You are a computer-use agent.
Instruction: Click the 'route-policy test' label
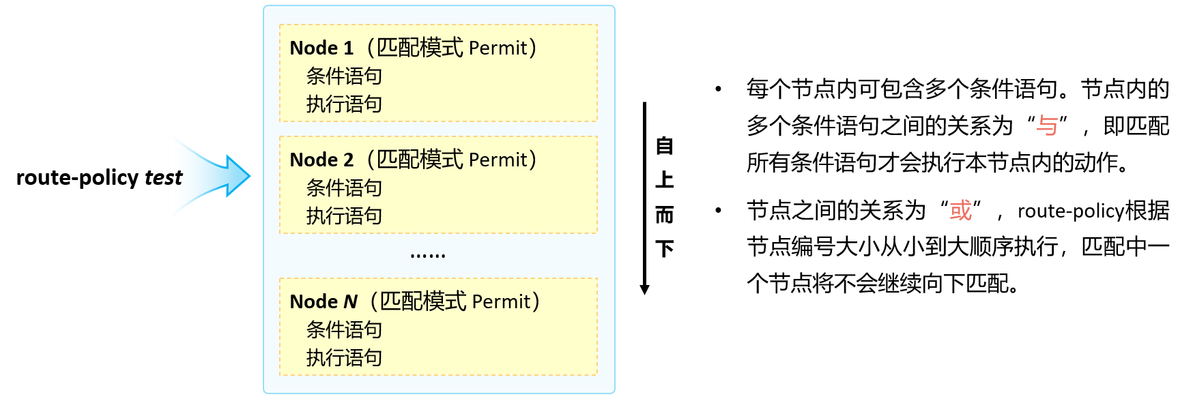click(x=99, y=178)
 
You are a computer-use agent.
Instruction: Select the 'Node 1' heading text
click(x=321, y=48)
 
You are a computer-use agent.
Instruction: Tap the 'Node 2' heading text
click(x=321, y=160)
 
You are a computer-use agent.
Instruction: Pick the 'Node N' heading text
click(x=324, y=302)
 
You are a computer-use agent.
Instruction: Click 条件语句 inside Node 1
click(x=343, y=76)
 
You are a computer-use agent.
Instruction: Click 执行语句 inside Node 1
click(x=343, y=104)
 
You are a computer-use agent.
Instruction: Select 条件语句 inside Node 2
click(x=343, y=188)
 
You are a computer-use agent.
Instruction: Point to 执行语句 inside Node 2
click(x=343, y=216)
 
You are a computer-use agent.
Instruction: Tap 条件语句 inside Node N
click(x=343, y=330)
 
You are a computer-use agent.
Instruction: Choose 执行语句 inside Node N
click(x=343, y=358)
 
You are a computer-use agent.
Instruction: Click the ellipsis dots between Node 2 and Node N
click(x=428, y=256)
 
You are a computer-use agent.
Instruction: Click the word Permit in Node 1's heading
click(x=498, y=48)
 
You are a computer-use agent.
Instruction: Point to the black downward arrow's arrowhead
click(x=644, y=289)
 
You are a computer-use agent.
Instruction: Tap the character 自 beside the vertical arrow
click(x=664, y=146)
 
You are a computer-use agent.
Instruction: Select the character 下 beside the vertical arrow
click(x=664, y=248)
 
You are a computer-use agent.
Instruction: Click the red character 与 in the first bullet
click(x=1047, y=126)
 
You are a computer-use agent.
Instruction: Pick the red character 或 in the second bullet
click(x=960, y=211)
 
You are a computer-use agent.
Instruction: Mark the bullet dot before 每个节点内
click(x=718, y=89)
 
